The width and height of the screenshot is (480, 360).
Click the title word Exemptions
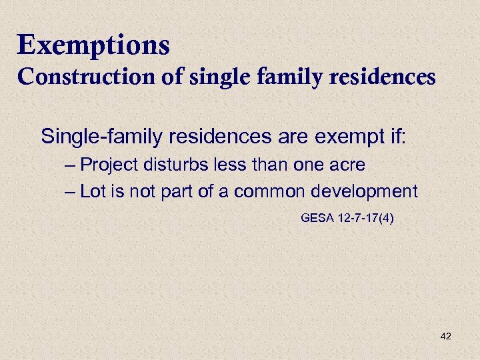tap(94, 46)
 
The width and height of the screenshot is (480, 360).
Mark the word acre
tap(345, 165)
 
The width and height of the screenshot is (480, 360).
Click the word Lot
tap(91, 192)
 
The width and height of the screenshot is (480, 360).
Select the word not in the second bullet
tap(136, 192)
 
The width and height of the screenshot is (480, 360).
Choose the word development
tap(363, 192)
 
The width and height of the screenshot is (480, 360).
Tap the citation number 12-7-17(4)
tap(365, 217)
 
